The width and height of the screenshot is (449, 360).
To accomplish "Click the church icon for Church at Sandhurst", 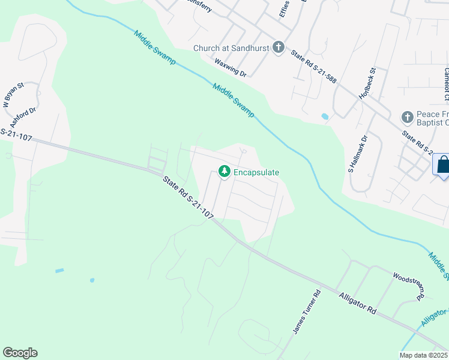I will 278,47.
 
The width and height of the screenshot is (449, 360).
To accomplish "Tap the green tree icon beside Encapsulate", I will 224,172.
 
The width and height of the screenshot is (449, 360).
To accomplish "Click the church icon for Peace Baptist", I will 408,117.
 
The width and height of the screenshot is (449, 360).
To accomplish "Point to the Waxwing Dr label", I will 231,67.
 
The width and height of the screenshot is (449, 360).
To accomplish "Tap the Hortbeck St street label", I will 366,83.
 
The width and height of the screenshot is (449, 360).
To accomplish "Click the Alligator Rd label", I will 357,303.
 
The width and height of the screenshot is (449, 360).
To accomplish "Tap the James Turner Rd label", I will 307,312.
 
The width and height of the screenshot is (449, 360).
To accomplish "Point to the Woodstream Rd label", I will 409,286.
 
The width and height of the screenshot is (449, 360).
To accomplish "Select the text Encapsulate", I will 257,172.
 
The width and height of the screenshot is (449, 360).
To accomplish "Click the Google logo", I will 20,353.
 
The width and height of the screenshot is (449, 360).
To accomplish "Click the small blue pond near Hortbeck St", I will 325,116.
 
